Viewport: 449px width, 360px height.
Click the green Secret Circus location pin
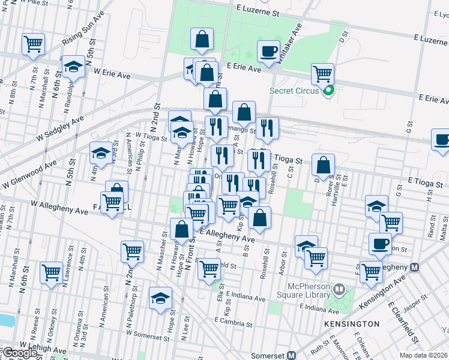(328, 91)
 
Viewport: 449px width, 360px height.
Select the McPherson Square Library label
(303, 290)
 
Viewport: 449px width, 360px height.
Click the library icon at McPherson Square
(339, 290)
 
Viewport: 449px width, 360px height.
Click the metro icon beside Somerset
(292, 355)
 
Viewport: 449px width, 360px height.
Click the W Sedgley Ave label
(60, 130)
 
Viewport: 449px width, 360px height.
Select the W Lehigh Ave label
(43, 349)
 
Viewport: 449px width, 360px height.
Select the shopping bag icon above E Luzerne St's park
(202, 40)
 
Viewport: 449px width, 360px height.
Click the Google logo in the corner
(19, 353)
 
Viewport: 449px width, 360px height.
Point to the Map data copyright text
(424, 355)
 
